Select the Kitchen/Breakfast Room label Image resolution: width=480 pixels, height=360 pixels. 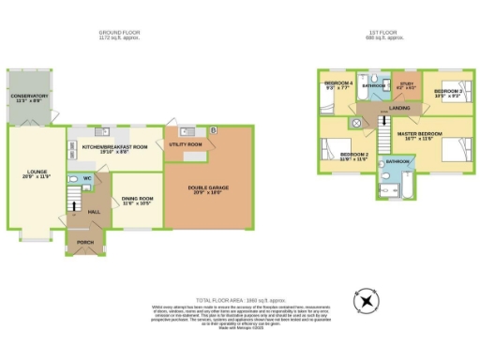pos(114,148)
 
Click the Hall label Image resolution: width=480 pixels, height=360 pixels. pos(94,212)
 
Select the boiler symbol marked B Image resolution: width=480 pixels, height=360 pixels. pos(214,129)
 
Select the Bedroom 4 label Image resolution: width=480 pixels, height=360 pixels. pos(337,85)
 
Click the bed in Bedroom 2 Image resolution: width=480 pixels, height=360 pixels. pos(331,149)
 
